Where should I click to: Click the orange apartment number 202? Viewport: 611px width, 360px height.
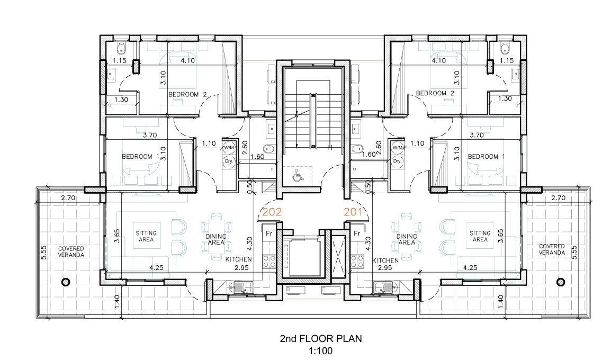(x=272, y=212)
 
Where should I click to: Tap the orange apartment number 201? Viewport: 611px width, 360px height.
(x=353, y=212)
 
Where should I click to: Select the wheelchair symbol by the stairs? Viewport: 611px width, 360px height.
(x=298, y=176)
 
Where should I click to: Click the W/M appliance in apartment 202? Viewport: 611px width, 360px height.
(x=229, y=148)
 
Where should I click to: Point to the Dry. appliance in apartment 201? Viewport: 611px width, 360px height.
(x=397, y=161)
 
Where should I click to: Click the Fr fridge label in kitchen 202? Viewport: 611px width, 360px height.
(x=269, y=234)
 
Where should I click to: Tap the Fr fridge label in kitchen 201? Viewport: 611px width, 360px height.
(x=356, y=234)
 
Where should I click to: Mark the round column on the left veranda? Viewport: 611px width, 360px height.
(x=66, y=282)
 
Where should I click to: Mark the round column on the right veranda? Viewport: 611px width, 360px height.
(x=561, y=282)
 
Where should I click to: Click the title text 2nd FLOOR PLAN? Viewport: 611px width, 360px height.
(x=321, y=339)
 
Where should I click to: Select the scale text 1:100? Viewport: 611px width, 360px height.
(x=321, y=351)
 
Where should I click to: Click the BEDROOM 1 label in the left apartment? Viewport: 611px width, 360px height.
(x=141, y=157)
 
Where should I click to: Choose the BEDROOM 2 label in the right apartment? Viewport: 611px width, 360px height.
(x=435, y=93)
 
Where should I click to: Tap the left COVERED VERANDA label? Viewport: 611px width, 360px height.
(x=71, y=251)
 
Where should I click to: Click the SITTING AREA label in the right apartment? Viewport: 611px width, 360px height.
(x=480, y=236)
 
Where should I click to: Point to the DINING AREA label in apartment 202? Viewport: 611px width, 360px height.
(x=216, y=239)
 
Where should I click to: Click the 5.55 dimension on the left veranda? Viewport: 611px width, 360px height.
(x=43, y=252)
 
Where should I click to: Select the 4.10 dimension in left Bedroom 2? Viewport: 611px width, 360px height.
(x=188, y=60)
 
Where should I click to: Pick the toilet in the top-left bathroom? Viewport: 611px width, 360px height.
(x=121, y=48)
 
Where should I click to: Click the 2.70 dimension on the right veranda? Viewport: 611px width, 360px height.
(x=558, y=198)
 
